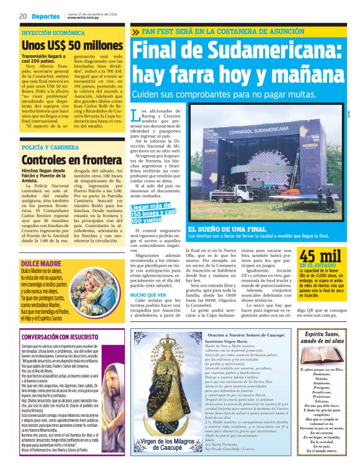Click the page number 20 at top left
pos(22,16)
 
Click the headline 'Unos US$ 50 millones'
pos(72,45)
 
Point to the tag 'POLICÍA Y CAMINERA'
pos(50,147)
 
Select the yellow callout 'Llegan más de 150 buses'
pos(154,213)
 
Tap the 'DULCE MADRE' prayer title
pos(37,246)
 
